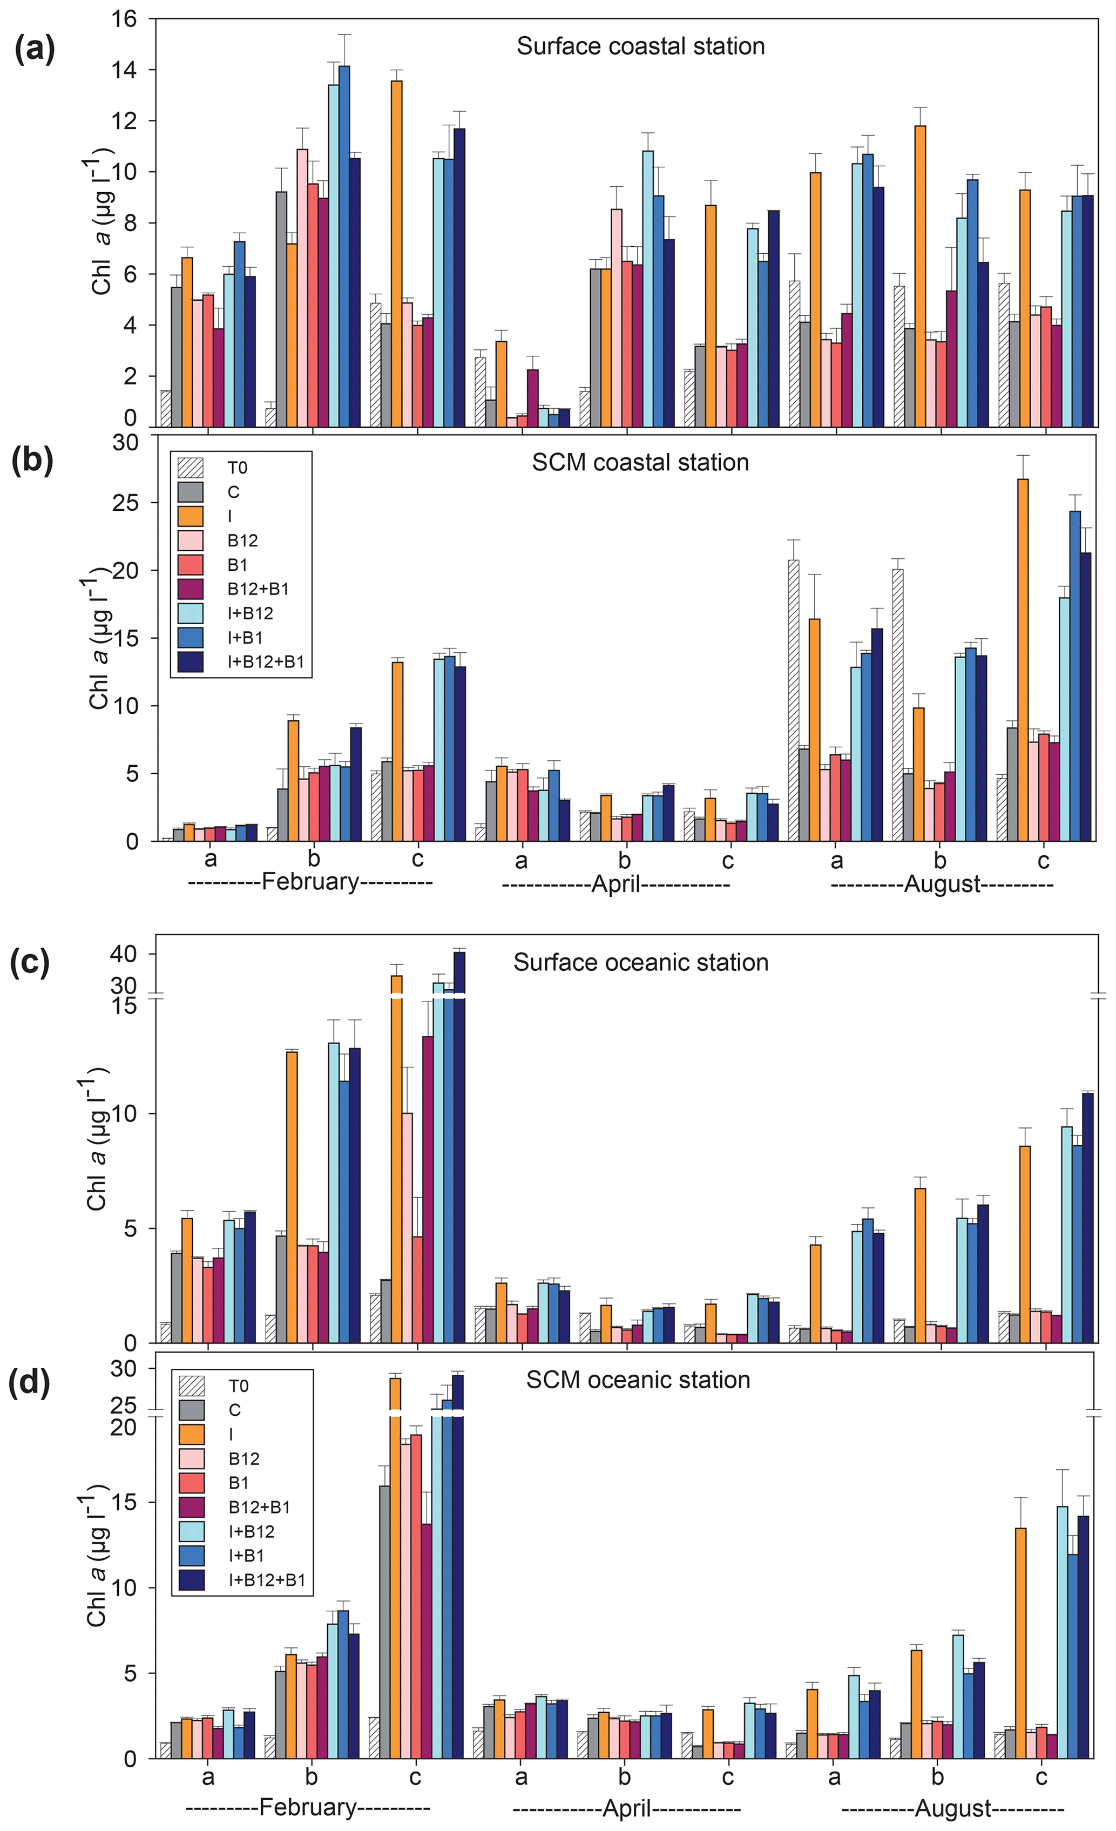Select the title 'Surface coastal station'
coord(640,46)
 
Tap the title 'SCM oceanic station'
coord(638,1380)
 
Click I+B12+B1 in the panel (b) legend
coord(265,661)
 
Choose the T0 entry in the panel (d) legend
coord(238,1386)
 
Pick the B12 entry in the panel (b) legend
coord(242,540)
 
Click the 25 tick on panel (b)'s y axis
coord(124,503)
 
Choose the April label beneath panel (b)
coord(616,884)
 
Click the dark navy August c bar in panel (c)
coord(1088,1218)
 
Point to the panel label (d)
coord(30,1384)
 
